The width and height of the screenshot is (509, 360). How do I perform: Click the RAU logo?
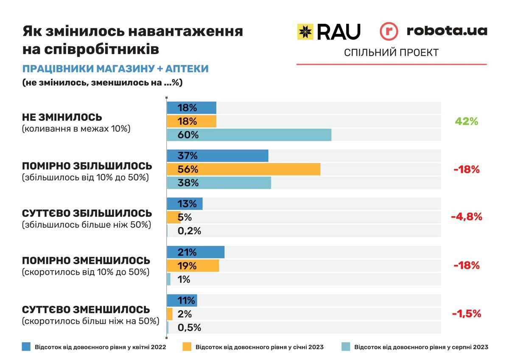point(328,31)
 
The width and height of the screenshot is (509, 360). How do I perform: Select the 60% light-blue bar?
point(249,135)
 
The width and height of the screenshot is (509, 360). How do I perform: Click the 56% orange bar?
point(243,169)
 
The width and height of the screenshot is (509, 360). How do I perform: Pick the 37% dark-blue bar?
point(218,156)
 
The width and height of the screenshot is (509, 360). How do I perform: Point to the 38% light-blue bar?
point(219,183)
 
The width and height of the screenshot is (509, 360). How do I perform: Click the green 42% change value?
point(466,121)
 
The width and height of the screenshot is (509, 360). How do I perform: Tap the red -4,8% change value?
point(466,217)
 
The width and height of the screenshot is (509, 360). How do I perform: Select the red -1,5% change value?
point(466,314)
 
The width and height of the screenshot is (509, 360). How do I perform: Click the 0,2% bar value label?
point(189,231)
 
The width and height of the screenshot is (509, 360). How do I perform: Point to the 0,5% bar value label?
point(189,327)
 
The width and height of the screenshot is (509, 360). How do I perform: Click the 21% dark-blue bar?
point(196,252)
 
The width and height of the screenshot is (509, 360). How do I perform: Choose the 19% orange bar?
point(193,266)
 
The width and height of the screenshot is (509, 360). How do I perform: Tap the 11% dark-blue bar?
point(182,301)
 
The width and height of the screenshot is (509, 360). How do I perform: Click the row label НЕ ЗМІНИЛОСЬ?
point(62,117)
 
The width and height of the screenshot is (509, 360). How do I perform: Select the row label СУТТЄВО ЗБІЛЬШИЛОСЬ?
point(87,213)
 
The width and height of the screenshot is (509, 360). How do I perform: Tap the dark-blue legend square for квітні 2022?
point(26,347)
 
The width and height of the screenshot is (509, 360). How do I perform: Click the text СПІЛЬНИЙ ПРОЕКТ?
point(391,53)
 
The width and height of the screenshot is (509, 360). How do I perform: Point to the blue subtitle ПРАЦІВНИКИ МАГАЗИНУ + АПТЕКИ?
point(115,69)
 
